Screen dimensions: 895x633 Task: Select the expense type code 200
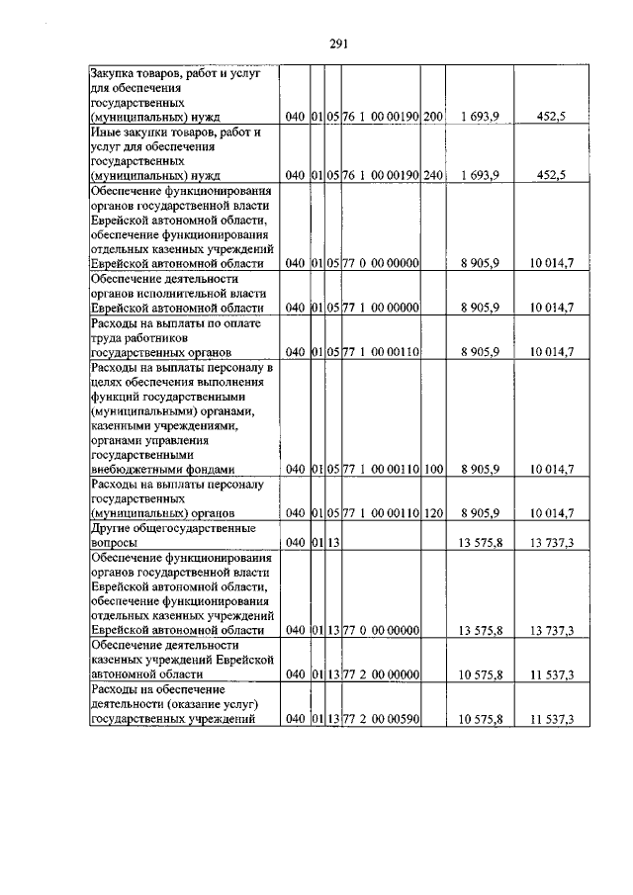tap(432, 117)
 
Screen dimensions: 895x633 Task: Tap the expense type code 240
tap(432, 175)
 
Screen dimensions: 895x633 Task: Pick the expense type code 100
tap(432, 469)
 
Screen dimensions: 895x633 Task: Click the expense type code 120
tap(432, 512)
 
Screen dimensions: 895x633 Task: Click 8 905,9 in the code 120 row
tap(480, 512)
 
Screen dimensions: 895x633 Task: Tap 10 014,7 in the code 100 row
tap(552, 469)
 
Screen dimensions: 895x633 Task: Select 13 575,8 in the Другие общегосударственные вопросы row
tap(480, 542)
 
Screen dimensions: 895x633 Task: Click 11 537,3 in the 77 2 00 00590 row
tap(552, 718)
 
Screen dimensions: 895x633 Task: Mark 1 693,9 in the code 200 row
tap(480, 117)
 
